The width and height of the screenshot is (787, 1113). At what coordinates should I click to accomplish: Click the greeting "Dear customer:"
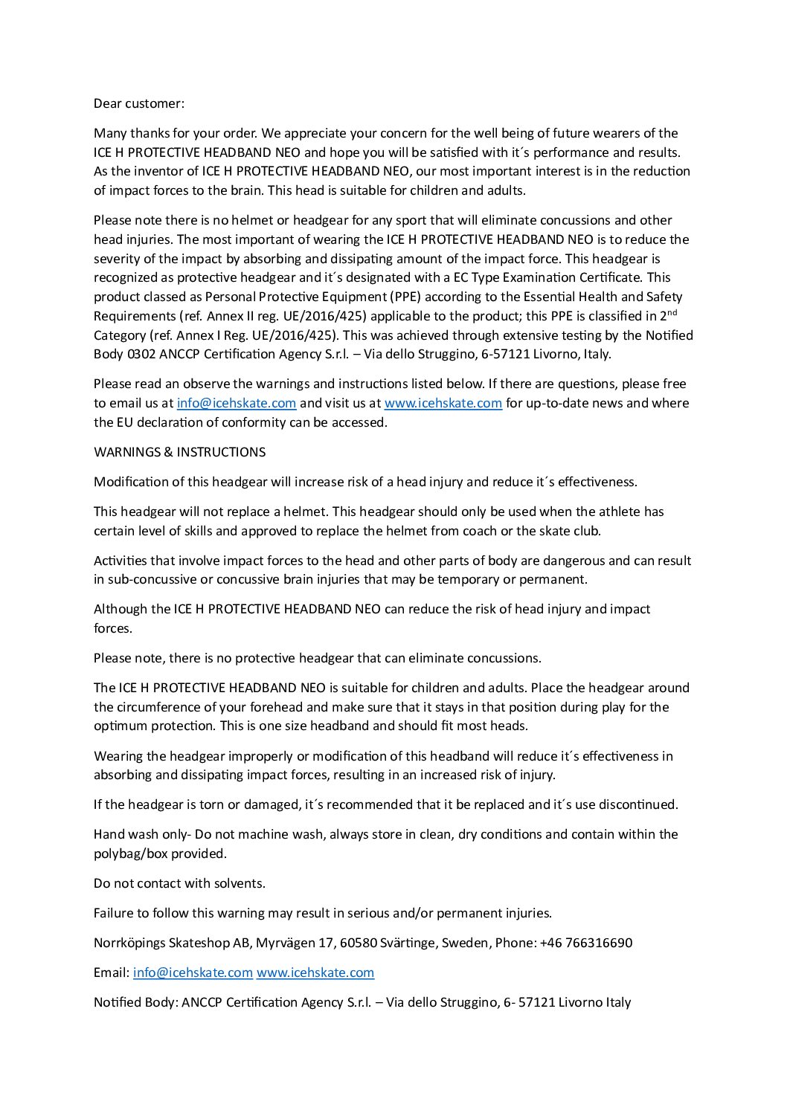139,103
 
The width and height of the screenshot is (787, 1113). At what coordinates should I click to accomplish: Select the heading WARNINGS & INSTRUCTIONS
179,452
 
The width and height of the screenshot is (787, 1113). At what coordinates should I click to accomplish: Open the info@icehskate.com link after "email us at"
237,404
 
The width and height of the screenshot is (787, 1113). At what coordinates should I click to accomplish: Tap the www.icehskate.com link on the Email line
315,972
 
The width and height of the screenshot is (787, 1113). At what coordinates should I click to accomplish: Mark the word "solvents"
240,883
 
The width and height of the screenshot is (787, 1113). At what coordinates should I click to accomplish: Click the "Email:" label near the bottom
112,972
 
